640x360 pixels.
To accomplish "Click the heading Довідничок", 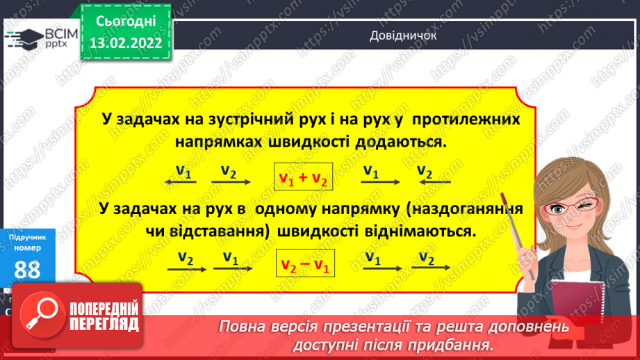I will coord(403,36).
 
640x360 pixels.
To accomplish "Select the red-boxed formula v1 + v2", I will coord(302,179).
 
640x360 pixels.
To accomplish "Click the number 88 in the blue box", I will coord(27,271).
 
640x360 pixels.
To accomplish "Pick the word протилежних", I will coord(465,120).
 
